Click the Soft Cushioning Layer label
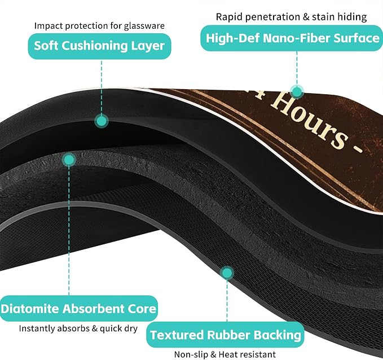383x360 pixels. point(99,46)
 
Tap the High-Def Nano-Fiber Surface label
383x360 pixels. point(292,38)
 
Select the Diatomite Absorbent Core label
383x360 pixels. point(78,309)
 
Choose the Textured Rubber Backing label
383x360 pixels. point(225,335)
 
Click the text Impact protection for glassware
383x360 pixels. point(99,25)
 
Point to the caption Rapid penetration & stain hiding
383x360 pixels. point(291,17)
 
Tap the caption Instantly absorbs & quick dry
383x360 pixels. point(78,328)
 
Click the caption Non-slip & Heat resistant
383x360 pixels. point(224,354)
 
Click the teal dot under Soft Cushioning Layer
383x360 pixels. point(102,121)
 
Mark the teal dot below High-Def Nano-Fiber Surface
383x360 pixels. point(297,92)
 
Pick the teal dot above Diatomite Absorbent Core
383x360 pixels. point(69,160)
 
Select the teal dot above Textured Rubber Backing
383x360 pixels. point(227,273)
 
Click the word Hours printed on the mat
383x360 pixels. point(309,121)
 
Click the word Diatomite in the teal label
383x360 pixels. point(30,309)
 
